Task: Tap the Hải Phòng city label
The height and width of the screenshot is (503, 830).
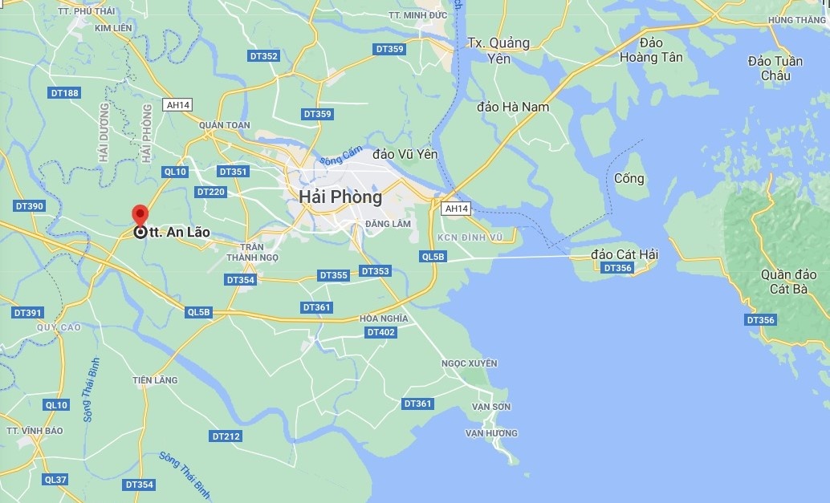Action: [340, 197]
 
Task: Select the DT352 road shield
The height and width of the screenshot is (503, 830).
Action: [264, 56]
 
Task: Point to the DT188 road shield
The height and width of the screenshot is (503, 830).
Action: [65, 93]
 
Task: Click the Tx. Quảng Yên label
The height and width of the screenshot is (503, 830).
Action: [499, 50]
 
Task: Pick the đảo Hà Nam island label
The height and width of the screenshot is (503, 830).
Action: [513, 107]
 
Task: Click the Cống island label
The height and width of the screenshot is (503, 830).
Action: [629, 178]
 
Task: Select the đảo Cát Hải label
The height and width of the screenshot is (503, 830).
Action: [625, 254]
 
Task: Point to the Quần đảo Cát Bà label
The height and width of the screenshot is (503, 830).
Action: [788, 282]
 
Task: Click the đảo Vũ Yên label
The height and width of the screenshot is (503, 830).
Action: [405, 153]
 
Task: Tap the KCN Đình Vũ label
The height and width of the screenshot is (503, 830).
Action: [471, 237]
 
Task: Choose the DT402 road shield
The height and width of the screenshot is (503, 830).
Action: [380, 332]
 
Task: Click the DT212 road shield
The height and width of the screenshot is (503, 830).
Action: [226, 436]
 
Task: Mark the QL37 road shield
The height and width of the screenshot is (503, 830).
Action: [56, 480]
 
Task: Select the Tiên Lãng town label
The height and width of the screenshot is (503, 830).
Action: [155, 380]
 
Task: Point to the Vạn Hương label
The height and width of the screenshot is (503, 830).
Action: [491, 433]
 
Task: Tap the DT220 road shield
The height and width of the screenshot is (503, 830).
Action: [211, 192]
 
